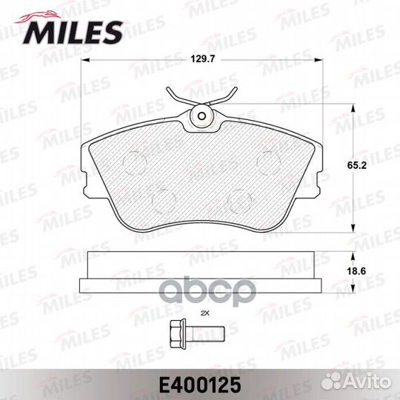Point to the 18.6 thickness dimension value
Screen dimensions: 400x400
(363, 272)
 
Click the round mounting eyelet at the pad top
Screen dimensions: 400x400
(201, 116)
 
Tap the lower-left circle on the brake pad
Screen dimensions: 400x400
(161, 199)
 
